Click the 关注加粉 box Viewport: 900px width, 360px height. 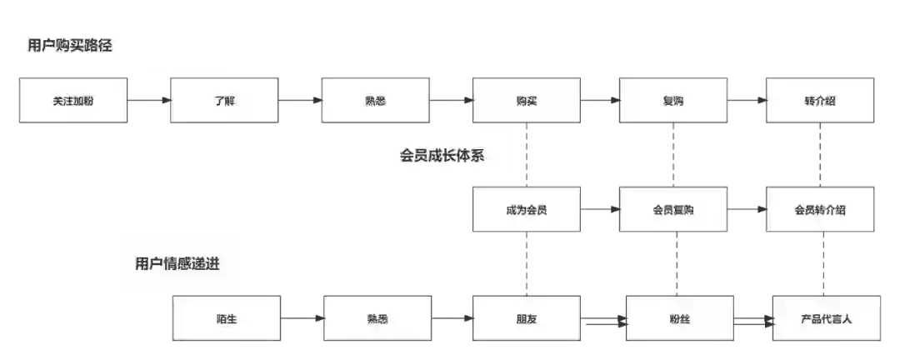[72, 101]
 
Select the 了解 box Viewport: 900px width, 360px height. [224, 101]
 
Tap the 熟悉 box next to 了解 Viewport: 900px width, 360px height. [376, 101]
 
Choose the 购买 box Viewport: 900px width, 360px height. [527, 101]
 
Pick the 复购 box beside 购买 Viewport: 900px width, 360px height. [673, 101]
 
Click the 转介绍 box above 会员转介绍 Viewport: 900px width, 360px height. [820, 101]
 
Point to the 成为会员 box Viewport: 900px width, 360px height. [527, 209]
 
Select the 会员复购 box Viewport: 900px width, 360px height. [673, 209]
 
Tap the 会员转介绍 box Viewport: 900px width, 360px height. [820, 209]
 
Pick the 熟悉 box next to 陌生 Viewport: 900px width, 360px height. [377, 318]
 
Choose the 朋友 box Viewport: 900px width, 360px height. [527, 318]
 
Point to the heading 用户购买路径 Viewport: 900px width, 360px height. [70, 46]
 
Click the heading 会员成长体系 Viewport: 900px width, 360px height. [442, 155]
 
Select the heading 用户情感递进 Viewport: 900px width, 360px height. [177, 263]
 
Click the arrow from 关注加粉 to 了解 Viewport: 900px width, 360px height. [149, 101]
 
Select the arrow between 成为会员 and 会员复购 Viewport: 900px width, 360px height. [600, 210]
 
